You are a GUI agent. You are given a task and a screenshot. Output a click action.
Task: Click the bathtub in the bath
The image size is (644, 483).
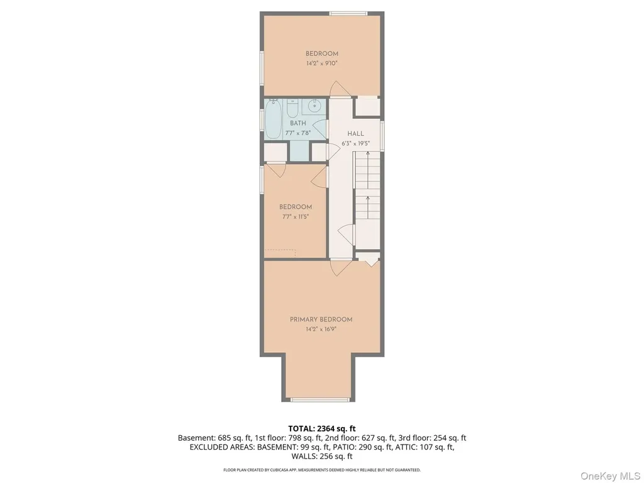tap(273, 119)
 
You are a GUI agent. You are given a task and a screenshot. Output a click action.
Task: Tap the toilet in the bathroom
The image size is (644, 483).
tap(292, 108)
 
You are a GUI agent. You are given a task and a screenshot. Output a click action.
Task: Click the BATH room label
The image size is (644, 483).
tap(297, 123)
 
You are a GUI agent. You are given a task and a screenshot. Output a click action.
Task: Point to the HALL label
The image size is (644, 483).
tap(356, 133)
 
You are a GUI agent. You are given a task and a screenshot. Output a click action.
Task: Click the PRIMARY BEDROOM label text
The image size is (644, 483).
tap(321, 319)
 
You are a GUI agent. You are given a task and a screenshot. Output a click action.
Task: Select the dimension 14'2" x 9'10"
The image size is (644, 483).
tap(321, 64)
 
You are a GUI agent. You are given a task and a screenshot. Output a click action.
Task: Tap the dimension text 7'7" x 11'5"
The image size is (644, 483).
tap(296, 217)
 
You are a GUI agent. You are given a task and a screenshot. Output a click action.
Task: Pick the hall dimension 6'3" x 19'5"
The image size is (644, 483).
tap(356, 143)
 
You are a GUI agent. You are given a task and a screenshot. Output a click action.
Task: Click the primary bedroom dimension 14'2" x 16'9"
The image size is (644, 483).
tap(321, 329)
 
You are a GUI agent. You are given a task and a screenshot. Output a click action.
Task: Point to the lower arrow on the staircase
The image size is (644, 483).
tap(367, 208)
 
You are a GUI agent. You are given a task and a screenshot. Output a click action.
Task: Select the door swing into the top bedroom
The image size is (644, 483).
tap(339, 88)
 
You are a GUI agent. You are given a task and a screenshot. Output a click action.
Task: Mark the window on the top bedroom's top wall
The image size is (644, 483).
tap(348, 14)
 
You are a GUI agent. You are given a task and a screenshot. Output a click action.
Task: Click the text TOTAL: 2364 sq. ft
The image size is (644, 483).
tap(321, 429)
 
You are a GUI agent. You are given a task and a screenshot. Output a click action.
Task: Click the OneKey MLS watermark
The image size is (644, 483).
tap(609, 476)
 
